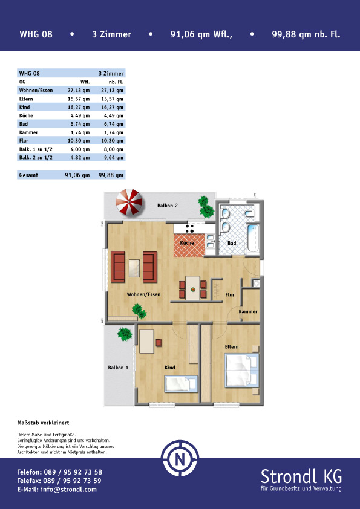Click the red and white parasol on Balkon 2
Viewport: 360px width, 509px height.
129,202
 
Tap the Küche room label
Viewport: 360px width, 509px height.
187,243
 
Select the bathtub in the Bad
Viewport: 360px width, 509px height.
253,238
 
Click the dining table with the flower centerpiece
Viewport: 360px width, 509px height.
192,288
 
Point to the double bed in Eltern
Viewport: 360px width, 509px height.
242,371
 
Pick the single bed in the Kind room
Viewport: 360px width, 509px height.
181,384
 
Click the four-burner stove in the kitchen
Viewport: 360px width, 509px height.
189,229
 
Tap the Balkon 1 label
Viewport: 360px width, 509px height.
118,368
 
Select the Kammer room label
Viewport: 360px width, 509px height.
248,311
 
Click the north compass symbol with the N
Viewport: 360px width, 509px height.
180,458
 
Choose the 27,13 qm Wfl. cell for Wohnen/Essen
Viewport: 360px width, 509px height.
79,91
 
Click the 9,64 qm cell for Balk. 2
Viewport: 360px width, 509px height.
112,158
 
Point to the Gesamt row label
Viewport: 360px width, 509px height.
28,175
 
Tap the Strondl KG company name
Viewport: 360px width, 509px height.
301,476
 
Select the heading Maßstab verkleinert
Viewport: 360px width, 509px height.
43,423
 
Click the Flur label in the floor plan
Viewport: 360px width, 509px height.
230,295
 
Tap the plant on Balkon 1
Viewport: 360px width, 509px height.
125,334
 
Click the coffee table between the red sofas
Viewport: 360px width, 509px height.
134,268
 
